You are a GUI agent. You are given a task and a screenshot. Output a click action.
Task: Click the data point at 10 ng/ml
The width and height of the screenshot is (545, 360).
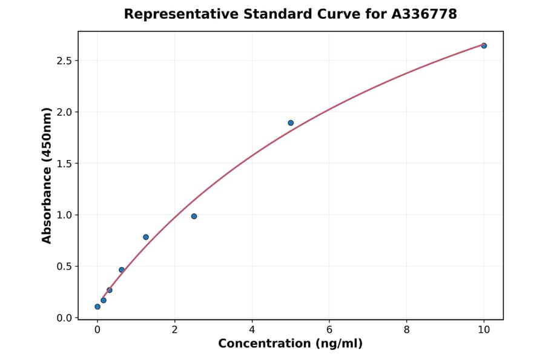pos(484,45)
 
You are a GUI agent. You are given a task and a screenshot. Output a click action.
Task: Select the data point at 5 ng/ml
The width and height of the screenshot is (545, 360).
pos(291,123)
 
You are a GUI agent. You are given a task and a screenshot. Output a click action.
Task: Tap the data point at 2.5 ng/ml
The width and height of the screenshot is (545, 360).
pos(194,216)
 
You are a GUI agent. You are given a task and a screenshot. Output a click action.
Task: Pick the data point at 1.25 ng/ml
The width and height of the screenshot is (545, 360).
pos(146,237)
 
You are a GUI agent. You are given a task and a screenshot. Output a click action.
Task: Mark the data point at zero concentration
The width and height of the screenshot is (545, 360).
pos(97,307)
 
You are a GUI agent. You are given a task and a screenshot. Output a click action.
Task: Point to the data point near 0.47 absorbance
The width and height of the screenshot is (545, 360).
pos(122,270)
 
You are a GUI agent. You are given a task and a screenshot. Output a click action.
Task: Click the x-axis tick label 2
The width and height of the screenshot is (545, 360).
pos(174,330)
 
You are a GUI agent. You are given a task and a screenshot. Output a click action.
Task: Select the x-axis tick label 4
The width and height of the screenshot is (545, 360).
pos(252,330)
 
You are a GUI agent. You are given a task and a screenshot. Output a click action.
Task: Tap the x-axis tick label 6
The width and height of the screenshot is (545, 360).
pos(329,330)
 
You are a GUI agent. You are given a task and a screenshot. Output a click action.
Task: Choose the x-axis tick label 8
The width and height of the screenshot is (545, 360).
pos(406,330)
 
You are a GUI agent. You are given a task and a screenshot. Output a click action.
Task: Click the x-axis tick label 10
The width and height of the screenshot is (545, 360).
pos(484,330)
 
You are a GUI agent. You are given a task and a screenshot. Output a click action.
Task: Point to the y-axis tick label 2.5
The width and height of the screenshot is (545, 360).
pos(64,61)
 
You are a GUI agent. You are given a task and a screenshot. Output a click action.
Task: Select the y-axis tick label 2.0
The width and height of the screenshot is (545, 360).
pos(64,112)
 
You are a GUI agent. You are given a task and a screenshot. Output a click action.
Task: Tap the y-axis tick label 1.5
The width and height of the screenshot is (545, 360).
pos(64,164)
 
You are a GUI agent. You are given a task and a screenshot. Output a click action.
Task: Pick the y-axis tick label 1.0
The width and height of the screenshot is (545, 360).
pos(64,215)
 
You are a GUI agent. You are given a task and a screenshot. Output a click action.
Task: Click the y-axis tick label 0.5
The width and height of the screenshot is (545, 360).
pos(64,267)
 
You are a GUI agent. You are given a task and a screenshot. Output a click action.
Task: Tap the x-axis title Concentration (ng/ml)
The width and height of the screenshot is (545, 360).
pos(290,344)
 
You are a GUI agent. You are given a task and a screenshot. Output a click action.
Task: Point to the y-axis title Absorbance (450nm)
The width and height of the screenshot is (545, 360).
pos(47,176)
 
